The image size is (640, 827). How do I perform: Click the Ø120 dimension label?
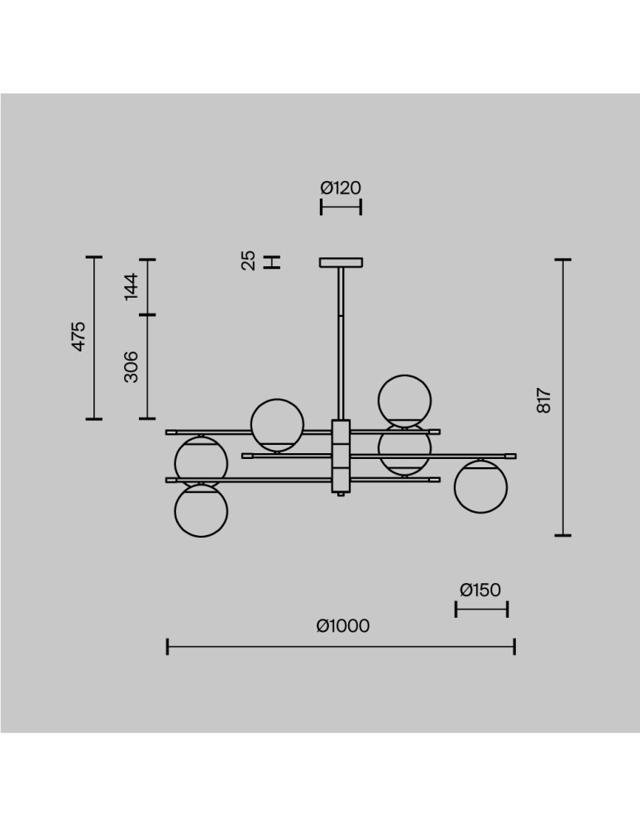click(x=341, y=188)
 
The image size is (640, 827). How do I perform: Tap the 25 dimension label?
click(x=248, y=261)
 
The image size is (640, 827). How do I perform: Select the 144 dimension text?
click(x=131, y=286)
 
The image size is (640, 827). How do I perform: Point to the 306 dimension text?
click(x=131, y=366)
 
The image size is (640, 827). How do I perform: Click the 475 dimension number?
click(x=78, y=336)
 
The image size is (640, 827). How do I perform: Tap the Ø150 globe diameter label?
click(x=480, y=590)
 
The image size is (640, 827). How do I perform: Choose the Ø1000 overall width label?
click(x=343, y=625)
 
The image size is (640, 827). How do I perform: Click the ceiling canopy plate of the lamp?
click(x=341, y=262)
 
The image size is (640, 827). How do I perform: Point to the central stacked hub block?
click(x=341, y=457)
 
